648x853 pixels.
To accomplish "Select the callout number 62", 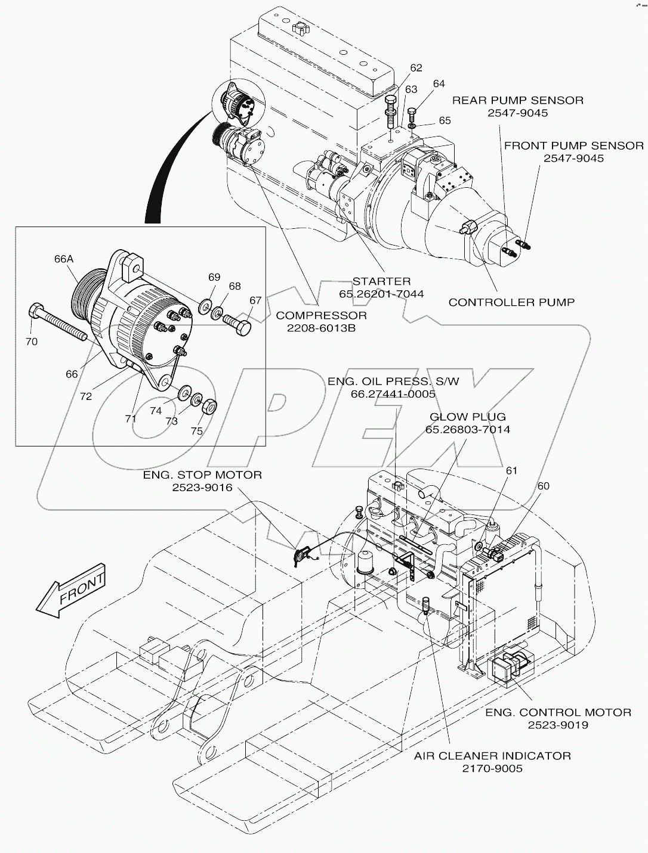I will (x=416, y=68).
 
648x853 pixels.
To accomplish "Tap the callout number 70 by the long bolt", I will (x=31, y=342).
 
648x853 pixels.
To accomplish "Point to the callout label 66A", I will (x=63, y=259).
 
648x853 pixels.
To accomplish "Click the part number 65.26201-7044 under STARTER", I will (x=381, y=294).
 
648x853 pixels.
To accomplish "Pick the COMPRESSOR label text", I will (x=321, y=315).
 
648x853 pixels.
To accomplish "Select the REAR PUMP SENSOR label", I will (x=517, y=100).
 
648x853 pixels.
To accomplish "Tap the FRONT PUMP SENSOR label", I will (x=573, y=145).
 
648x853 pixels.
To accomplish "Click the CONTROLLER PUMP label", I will (x=511, y=302).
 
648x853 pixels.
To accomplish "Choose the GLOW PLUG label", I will (x=468, y=417).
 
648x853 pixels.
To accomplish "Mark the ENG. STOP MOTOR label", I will (x=202, y=475).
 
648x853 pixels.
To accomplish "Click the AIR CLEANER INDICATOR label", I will (x=492, y=756).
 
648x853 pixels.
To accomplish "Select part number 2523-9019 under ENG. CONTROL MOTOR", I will (x=558, y=725).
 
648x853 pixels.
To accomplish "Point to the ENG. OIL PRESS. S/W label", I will (x=393, y=381).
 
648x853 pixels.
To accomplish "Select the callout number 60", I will (x=543, y=486).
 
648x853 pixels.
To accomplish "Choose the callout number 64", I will (x=439, y=84).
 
